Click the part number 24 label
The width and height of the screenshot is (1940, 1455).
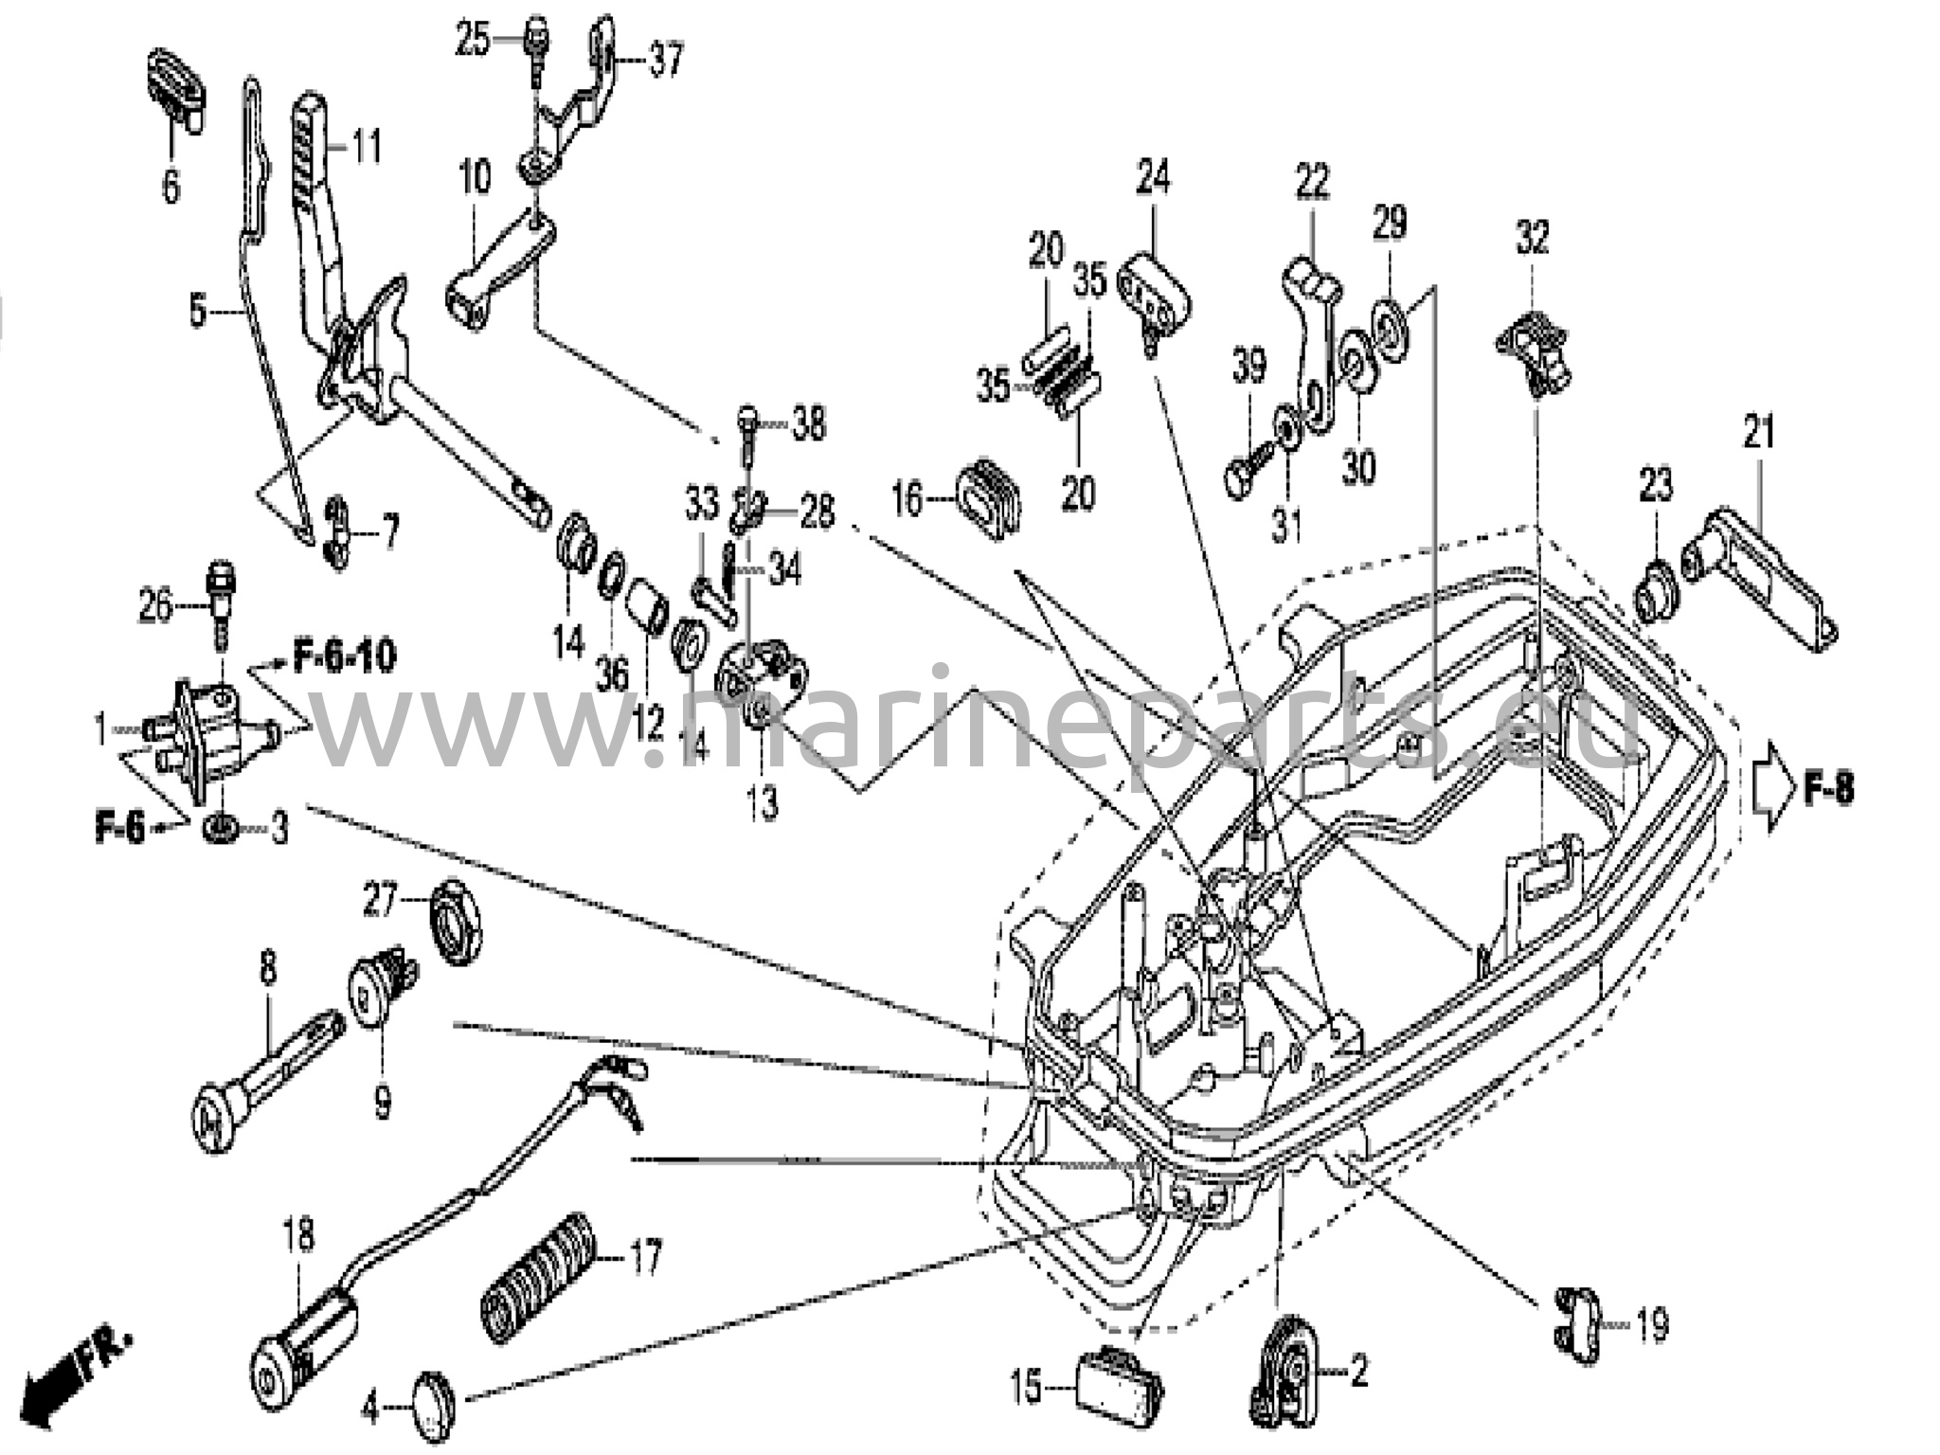[x=1153, y=177]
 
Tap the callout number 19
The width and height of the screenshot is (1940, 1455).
[x=1652, y=1326]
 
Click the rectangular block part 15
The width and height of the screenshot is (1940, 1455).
[x=1118, y=1385]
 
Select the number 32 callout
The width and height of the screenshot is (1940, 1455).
[x=1532, y=237]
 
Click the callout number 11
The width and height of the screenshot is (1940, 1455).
[x=367, y=148]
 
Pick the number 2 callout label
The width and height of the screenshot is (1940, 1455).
[x=1359, y=1371]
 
